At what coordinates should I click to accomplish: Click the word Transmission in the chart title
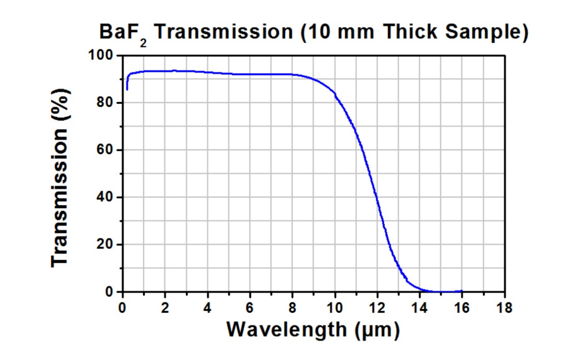224,32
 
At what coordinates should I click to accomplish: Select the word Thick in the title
410,31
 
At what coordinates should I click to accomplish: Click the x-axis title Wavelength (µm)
313,330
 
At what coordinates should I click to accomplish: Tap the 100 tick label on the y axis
100,55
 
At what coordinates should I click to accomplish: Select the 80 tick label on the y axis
104,103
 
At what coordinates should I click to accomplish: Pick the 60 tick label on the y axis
104,149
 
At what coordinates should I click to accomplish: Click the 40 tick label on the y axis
104,197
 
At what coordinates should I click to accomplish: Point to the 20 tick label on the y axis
104,244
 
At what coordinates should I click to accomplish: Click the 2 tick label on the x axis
165,308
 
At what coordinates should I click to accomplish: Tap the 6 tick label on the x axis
250,308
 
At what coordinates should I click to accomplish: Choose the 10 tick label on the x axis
334,308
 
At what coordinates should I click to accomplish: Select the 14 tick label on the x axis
420,308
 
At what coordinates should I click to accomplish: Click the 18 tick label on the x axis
505,308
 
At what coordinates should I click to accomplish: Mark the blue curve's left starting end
127,90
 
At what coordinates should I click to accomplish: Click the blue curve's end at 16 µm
462,291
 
